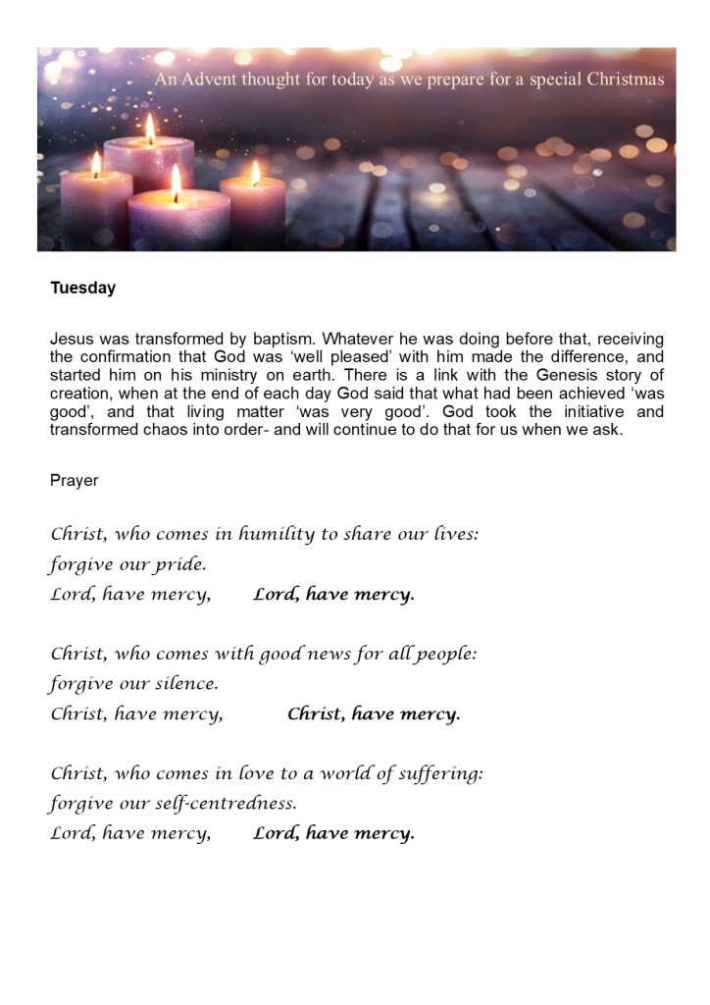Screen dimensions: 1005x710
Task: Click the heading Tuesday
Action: click(83, 289)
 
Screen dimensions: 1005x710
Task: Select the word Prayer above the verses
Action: click(75, 481)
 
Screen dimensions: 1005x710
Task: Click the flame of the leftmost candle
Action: click(96, 163)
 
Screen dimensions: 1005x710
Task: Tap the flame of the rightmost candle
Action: click(255, 173)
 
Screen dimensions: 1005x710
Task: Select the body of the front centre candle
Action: click(178, 224)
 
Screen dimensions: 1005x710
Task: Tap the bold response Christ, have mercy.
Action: click(374, 714)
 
